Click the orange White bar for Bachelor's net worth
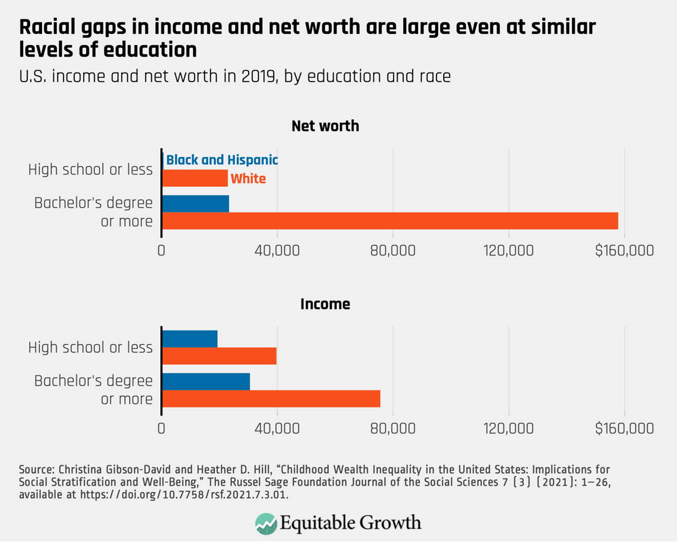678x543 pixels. coord(389,221)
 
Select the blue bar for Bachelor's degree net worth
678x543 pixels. coord(195,204)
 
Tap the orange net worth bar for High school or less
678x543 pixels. coord(195,178)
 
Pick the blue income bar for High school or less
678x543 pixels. coord(190,339)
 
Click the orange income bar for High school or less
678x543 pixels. coord(219,356)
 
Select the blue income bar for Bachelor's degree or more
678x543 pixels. coord(205,382)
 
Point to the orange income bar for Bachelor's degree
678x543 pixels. coord(271,399)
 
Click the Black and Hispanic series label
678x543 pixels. coord(222,160)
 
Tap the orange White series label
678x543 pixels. coord(248,179)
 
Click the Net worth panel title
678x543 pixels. coord(325,126)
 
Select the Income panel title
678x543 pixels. coord(325,304)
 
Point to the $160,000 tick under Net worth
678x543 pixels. coord(624,251)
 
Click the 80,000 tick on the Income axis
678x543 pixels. coord(393,428)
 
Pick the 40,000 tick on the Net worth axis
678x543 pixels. coord(277,251)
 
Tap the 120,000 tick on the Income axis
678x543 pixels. coord(509,428)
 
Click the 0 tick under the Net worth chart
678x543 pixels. coord(161,251)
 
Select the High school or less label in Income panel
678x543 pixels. coord(90,348)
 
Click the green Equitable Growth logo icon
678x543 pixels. coord(266,523)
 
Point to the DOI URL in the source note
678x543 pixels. coord(184,495)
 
